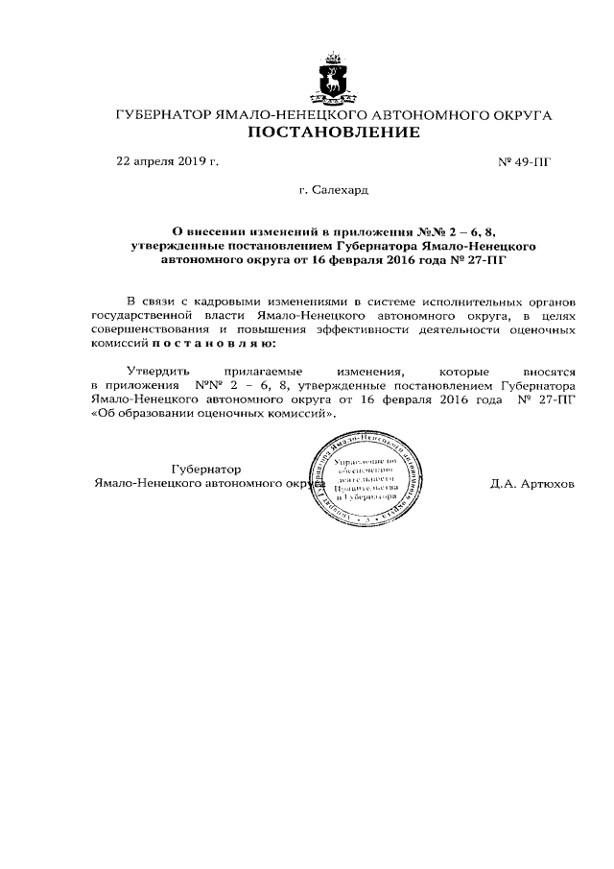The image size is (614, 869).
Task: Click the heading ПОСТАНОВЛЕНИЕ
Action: coord(334,133)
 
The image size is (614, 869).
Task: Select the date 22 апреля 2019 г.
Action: coord(167,160)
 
